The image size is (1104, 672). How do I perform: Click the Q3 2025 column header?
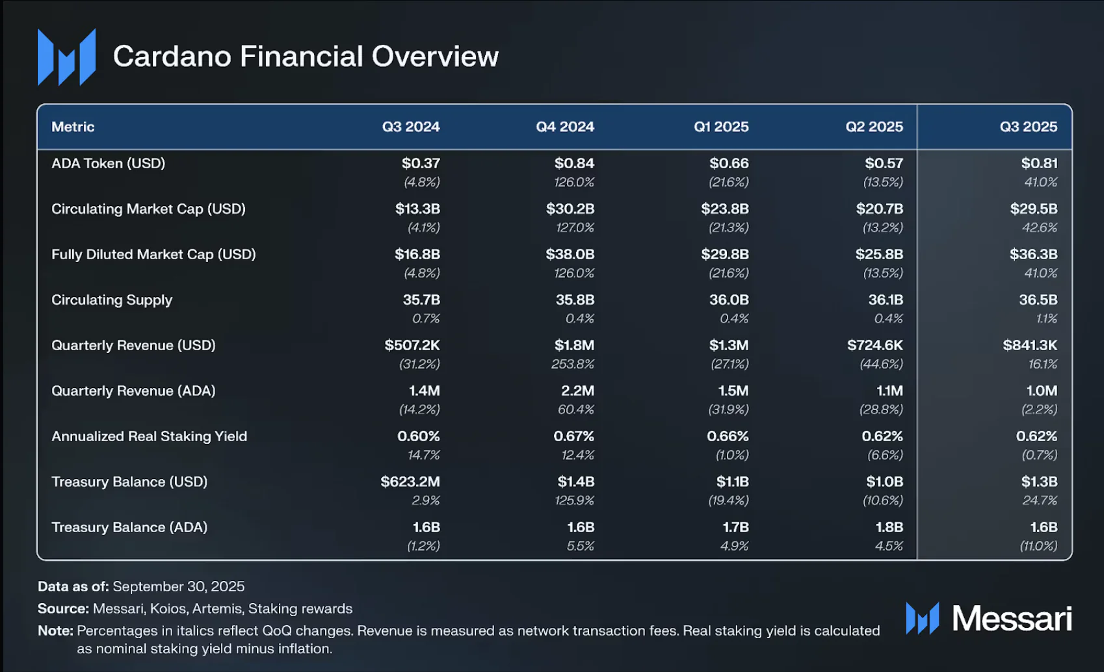point(1028,127)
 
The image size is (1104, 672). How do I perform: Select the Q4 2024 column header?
point(564,127)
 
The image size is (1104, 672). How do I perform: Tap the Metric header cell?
point(73,127)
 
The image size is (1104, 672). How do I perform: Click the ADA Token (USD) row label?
point(108,163)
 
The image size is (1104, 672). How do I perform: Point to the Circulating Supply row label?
point(112,300)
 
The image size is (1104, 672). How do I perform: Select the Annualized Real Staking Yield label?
point(149,436)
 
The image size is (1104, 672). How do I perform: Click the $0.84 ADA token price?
point(574,163)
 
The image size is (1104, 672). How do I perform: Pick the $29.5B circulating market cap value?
point(1033,209)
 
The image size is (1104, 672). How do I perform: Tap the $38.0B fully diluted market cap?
point(570,254)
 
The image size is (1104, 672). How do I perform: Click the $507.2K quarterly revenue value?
point(412,345)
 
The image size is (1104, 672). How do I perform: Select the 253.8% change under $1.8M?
point(572,364)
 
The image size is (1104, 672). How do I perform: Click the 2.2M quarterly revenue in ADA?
point(577,391)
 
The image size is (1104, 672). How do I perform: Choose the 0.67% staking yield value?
point(573,436)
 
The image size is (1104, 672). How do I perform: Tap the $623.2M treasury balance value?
point(410,482)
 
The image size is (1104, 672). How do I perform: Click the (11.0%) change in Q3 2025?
point(1038,546)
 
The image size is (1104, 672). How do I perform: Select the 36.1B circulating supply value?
point(886,300)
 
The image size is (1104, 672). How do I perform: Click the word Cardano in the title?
point(172,57)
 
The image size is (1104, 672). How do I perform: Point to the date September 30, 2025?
point(179,586)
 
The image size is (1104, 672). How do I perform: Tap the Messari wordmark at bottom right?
point(1012,618)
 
